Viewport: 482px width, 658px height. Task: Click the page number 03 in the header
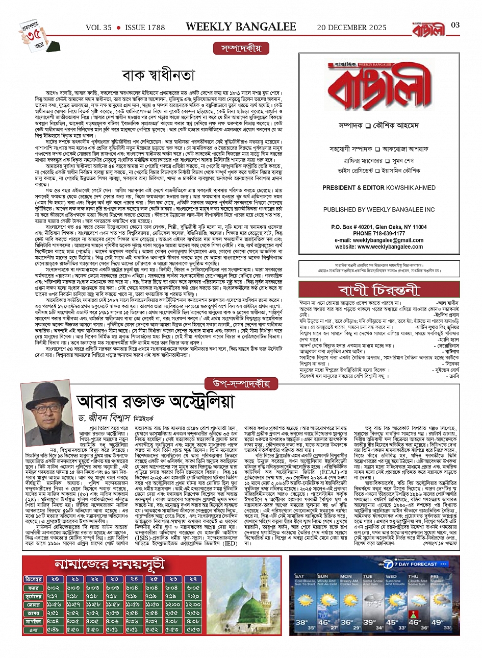pyautogui.click(x=455, y=26)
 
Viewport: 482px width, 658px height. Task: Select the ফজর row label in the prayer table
pyautogui.click(x=33, y=588)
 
